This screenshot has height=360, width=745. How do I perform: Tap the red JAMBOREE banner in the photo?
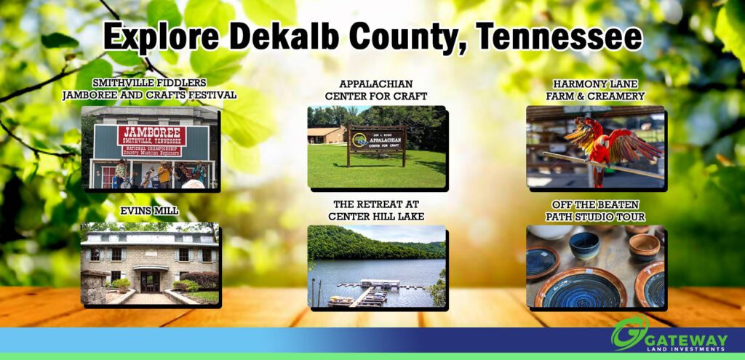click(x=151, y=135)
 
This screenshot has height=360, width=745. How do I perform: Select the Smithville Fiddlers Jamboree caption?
click(x=149, y=89)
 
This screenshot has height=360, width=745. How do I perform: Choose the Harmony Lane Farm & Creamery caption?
click(x=595, y=89)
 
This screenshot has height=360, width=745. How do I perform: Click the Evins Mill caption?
click(x=148, y=210)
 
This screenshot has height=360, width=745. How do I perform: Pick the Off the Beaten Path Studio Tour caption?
click(x=595, y=209)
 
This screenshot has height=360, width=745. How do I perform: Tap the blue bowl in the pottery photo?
click(x=584, y=246)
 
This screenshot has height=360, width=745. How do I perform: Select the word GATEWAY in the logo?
click(x=688, y=340)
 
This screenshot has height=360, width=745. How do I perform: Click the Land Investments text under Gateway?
click(x=689, y=351)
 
